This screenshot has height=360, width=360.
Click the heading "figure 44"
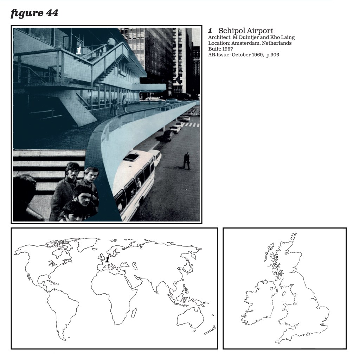pyautogui.click(x=34, y=13)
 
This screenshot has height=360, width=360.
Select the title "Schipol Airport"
pyautogui.click(x=246, y=31)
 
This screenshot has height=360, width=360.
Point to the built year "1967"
pyautogui.click(x=227, y=49)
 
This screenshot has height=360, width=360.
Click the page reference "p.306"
pyautogui.click(x=272, y=55)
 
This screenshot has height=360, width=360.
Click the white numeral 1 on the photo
pyautogui.click(x=78, y=51)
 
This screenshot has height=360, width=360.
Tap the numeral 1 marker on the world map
pyautogui.click(x=107, y=260)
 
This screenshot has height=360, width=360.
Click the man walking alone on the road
pyautogui.click(x=187, y=161)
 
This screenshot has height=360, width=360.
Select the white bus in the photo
pyautogui.click(x=135, y=181)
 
